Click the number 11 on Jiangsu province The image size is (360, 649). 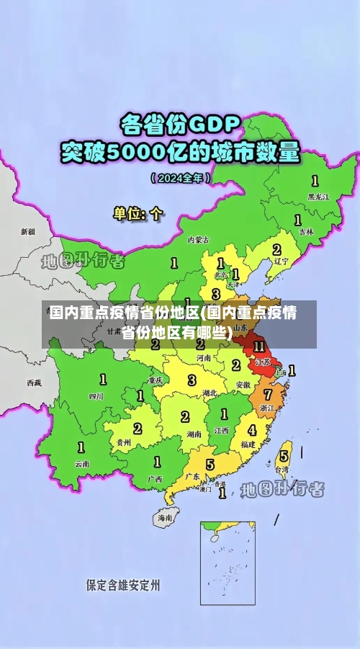[x=259, y=346]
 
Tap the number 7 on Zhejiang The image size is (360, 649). [x=268, y=395]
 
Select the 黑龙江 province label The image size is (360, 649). [x=318, y=196]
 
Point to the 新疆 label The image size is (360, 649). [x=27, y=232]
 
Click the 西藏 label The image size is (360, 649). [x=34, y=382]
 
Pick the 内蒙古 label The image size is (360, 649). [x=198, y=239]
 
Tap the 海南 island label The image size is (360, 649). [x=165, y=517]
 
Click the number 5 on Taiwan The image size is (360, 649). [x=284, y=455]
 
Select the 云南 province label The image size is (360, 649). [x=82, y=464]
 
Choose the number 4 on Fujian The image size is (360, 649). [x=252, y=430]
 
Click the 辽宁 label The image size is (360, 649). [x=282, y=262]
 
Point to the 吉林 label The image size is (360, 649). [x=306, y=232]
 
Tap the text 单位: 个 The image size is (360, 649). [x=138, y=213]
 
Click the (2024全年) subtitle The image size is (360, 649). [x=180, y=176]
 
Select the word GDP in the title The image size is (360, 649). [x=213, y=125]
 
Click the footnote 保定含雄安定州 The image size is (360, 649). [x=123, y=584]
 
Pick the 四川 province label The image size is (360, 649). [x=96, y=395]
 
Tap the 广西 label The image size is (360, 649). [x=154, y=479]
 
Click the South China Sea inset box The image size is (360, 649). [x=228, y=563]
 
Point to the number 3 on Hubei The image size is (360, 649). [x=192, y=380]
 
